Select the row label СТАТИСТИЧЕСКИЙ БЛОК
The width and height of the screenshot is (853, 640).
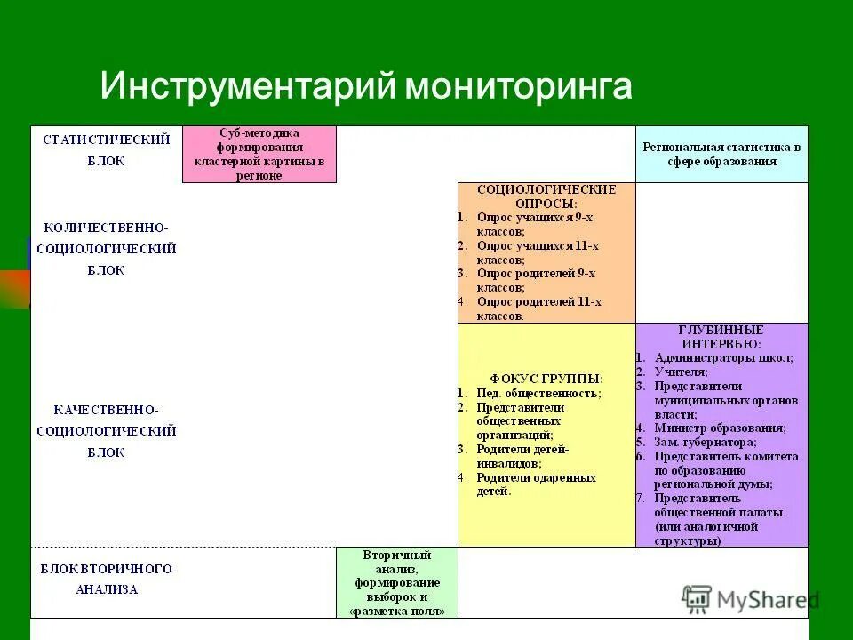106,150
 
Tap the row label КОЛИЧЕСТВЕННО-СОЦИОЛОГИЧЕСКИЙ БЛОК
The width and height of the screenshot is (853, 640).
106,249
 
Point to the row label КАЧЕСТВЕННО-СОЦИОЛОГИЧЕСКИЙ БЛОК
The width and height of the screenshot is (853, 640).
106,431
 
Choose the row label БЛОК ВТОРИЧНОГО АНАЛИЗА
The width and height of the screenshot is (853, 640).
106,579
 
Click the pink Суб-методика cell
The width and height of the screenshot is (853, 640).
259,154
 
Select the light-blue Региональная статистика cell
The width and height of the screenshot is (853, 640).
721,154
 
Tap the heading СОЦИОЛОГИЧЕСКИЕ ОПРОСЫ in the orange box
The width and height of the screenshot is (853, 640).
546,196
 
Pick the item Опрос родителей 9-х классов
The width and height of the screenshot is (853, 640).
534,280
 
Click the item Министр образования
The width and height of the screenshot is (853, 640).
719,428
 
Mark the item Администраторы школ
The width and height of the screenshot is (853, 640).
723,357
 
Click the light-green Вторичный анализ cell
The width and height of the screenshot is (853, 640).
396,582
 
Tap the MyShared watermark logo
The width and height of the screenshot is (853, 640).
751,599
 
